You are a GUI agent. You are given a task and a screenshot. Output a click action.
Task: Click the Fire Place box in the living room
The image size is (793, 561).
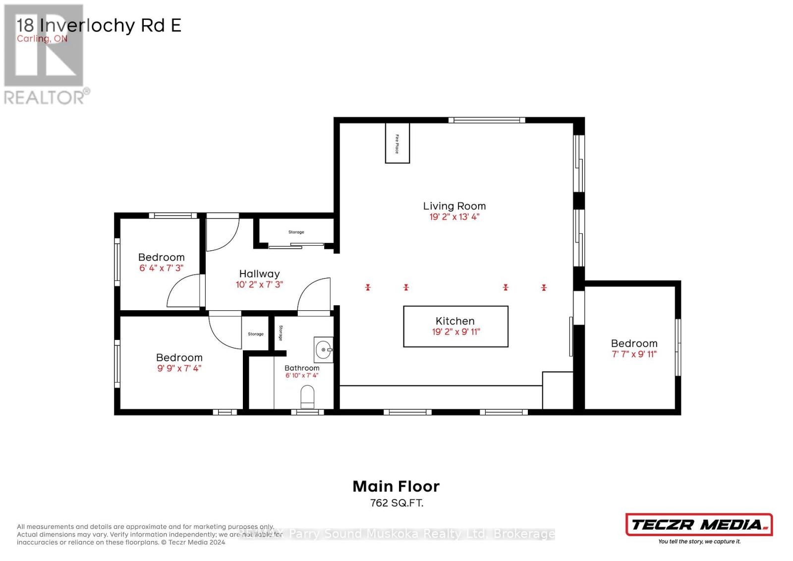click(397, 143)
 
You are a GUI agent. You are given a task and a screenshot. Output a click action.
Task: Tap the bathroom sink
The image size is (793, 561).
click(324, 350)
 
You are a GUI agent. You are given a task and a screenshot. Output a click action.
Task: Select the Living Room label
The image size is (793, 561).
click(454, 206)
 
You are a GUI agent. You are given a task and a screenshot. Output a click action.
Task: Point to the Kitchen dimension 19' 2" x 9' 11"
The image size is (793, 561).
click(456, 332)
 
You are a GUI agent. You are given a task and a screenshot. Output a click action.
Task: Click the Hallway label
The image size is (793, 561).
click(259, 274)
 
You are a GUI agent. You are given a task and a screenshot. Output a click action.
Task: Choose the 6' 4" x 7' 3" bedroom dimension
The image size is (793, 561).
click(161, 268)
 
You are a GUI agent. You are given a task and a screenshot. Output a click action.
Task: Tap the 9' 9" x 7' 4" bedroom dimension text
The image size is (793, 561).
click(179, 368)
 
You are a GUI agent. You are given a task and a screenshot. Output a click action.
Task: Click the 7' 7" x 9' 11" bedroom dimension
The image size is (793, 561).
click(634, 354)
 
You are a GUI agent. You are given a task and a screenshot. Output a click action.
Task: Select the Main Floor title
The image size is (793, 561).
click(396, 486)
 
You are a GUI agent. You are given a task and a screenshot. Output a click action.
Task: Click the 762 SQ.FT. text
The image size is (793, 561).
click(396, 503)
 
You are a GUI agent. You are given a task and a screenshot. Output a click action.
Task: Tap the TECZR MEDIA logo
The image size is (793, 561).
click(699, 525)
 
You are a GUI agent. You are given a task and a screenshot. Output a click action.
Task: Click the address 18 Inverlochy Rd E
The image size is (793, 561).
click(99, 25)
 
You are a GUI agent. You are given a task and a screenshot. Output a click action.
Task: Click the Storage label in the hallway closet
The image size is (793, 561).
click(296, 232)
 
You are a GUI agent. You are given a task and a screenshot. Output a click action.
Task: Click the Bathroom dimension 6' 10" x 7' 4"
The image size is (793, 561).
click(301, 376)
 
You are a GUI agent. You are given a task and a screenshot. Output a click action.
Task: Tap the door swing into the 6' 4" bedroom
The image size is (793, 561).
click(184, 292)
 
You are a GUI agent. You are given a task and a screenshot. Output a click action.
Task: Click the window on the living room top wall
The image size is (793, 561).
click(487, 120)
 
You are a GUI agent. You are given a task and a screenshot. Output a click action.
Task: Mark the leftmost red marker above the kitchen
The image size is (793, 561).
click(368, 287)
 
